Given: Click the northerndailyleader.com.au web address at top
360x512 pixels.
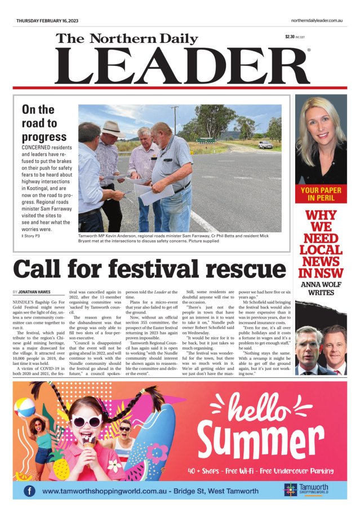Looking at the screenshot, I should (x=313, y=20).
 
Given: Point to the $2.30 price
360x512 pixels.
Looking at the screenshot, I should (x=290, y=37).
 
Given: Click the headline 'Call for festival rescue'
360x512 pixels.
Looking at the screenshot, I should (x=149, y=269).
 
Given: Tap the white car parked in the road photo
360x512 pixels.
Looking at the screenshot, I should (x=265, y=145).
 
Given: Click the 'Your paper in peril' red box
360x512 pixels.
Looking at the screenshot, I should (x=321, y=194).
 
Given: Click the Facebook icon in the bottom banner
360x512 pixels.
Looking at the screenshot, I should (x=29, y=491).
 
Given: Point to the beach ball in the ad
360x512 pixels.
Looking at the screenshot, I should (x=25, y=407).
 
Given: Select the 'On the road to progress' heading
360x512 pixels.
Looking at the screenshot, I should (x=45, y=123).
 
